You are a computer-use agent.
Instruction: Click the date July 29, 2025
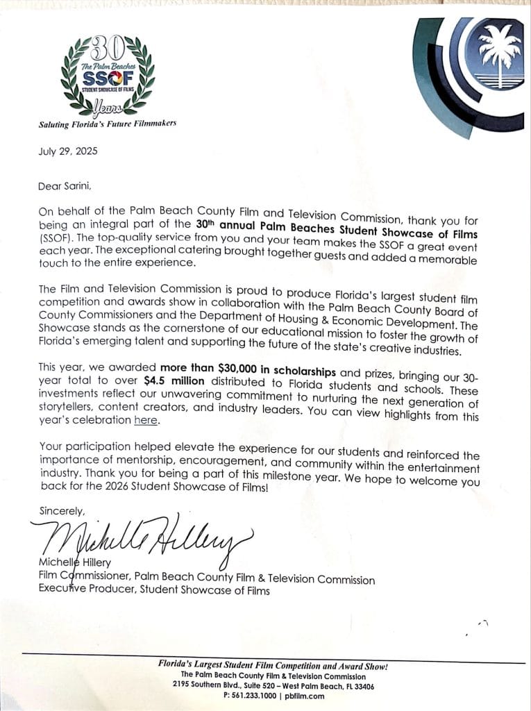point(68,151)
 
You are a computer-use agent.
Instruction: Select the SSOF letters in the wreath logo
point(105,78)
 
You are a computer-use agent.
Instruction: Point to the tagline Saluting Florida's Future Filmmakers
point(107,124)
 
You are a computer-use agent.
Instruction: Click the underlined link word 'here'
point(146,420)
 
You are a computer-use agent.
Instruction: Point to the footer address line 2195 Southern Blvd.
point(208,685)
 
